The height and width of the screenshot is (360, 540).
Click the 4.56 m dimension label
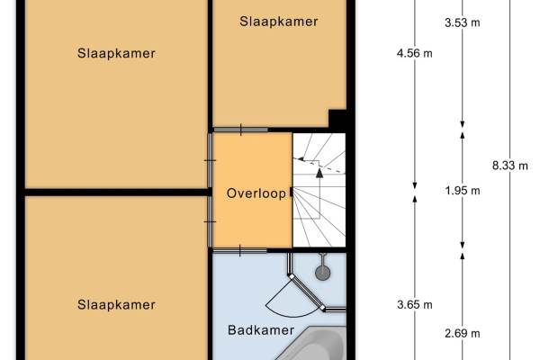[x=414, y=53]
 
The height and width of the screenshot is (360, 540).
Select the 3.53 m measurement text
[x=463, y=22]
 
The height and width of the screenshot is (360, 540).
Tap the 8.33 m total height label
[x=509, y=166]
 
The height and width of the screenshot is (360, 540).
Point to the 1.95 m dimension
[x=463, y=191]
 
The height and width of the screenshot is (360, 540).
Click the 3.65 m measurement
[x=414, y=304]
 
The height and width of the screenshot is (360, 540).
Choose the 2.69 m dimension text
[x=463, y=333]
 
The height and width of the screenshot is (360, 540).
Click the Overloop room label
[x=256, y=193]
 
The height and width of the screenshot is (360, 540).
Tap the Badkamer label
[x=261, y=330]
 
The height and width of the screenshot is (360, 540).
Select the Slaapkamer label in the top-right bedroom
[x=279, y=22]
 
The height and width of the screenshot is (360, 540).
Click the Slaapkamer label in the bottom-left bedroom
[x=116, y=304]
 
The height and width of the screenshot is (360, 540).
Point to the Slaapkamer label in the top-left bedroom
[x=116, y=53]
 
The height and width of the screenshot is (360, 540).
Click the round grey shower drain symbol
[x=323, y=273]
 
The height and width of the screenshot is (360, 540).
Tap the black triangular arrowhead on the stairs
[x=319, y=173]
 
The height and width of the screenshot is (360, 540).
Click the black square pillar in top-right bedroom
[x=337, y=119]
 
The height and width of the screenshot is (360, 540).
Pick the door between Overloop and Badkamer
[x=240, y=250]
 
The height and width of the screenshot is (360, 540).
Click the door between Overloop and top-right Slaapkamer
[x=240, y=130]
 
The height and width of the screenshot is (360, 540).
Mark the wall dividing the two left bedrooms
[x=117, y=193]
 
